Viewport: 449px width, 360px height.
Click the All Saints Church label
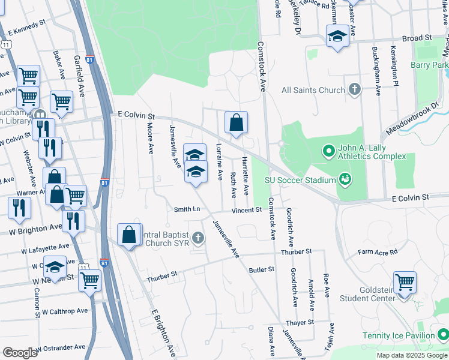click(313, 91)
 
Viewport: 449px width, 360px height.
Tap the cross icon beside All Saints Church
click(355, 91)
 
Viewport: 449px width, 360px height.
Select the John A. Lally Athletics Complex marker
click(328, 151)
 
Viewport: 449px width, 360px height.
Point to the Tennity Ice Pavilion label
click(398, 335)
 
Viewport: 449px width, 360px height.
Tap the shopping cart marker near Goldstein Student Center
click(405, 283)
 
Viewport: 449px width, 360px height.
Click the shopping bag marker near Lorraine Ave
click(237, 123)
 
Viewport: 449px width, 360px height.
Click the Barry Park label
click(430, 65)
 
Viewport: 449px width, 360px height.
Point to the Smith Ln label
click(187, 209)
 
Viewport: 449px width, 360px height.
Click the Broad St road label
click(417, 38)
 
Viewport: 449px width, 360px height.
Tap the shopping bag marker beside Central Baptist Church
click(129, 235)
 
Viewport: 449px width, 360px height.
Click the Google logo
click(20, 352)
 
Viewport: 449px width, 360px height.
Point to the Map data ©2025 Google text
click(411, 355)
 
